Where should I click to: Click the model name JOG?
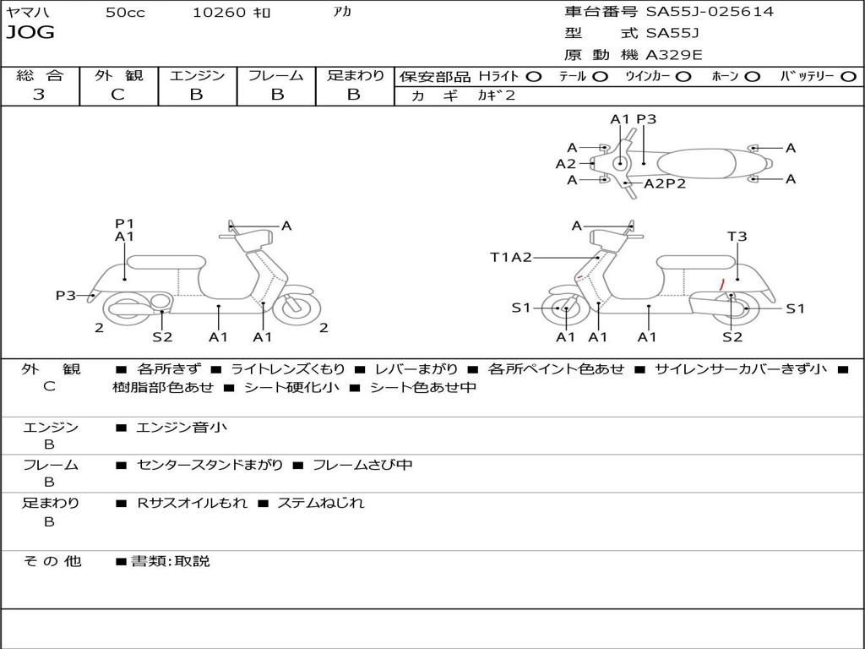(30, 33)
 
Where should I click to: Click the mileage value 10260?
(219, 12)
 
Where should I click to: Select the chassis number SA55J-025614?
(710, 12)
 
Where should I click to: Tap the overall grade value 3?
(39, 95)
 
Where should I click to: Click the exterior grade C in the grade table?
(117, 95)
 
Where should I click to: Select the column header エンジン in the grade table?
(197, 75)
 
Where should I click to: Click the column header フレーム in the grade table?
(276, 75)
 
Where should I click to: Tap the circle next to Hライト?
(534, 76)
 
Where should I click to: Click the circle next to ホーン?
(753, 76)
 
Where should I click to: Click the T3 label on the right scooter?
(737, 237)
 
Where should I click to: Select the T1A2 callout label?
(510, 257)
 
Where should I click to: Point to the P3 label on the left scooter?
(66, 295)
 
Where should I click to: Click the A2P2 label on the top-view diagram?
(665, 183)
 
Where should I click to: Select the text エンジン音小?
(182, 428)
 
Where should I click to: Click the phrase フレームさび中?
(362, 465)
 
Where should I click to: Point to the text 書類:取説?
(170, 561)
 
